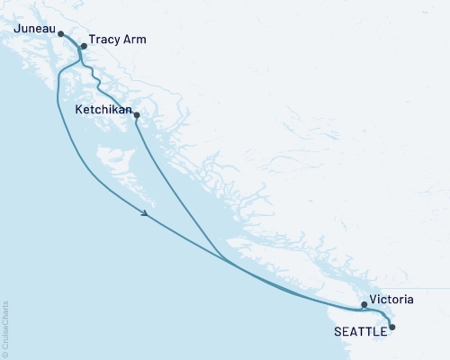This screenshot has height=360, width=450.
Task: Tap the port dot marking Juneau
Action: coord(61,34)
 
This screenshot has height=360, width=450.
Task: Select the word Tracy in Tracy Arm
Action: coord(103,40)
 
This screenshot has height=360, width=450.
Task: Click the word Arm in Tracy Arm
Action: coord(134,40)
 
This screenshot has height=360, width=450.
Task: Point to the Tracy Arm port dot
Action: coord(83,46)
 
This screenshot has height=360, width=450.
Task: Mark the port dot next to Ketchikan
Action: coord(137,114)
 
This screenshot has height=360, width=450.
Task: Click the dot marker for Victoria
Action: coord(364,304)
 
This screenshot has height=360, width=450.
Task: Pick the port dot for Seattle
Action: coord(391,328)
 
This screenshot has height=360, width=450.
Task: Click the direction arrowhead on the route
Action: coord(145,214)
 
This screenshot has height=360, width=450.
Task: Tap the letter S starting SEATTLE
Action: coord(338,331)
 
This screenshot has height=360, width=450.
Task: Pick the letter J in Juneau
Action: coord(17,30)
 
